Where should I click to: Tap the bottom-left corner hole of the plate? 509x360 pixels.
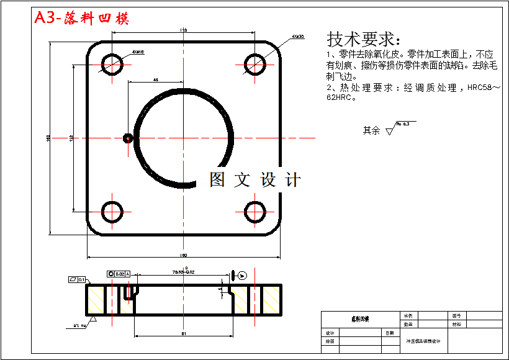(x=112, y=212)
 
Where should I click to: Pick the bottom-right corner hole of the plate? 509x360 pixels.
(x=254, y=212)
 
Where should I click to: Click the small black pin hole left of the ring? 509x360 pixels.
(x=128, y=138)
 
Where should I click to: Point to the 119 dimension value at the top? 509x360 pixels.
(x=183, y=30)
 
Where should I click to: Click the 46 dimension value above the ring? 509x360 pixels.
(x=155, y=79)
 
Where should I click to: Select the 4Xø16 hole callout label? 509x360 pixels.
(x=137, y=52)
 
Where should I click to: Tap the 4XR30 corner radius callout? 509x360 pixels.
(x=297, y=37)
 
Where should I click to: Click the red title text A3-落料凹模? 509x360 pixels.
(x=81, y=18)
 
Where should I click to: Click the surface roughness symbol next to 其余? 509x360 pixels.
(x=391, y=130)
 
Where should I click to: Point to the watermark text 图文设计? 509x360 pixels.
(x=254, y=180)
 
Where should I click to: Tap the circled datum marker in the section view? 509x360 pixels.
(x=242, y=275)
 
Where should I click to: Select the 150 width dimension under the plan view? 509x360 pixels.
(x=184, y=255)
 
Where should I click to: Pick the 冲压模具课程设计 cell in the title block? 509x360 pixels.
(x=423, y=341)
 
